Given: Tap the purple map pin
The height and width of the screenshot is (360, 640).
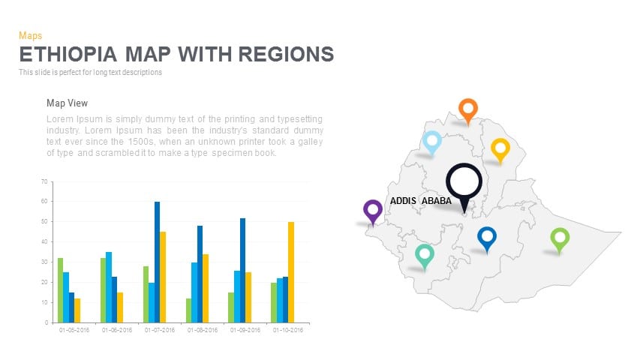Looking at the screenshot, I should (x=372, y=210).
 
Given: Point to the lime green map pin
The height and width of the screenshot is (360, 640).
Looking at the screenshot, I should (x=560, y=239).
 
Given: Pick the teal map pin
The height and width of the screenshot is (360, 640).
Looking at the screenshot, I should (x=425, y=255).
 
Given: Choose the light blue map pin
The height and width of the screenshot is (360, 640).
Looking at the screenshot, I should (x=431, y=141).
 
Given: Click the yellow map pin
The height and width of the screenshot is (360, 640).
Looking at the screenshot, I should (x=500, y=148).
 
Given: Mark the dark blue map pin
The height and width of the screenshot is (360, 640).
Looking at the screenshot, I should (x=487, y=238).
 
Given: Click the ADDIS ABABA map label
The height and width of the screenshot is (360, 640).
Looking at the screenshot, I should (x=420, y=201).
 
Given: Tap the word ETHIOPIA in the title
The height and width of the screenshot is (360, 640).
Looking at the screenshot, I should (x=68, y=55).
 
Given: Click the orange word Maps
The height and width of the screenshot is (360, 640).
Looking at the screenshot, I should (x=30, y=35).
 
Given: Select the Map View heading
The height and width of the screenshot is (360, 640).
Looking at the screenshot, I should (x=68, y=103).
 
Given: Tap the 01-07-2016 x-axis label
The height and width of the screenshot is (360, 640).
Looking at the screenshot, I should (x=159, y=330).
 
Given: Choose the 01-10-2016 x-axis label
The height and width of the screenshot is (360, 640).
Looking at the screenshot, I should (x=287, y=330).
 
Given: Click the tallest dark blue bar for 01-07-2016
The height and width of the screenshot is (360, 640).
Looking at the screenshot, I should (x=158, y=262).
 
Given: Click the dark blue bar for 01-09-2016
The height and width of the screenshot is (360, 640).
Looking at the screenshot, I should (x=242, y=270).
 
